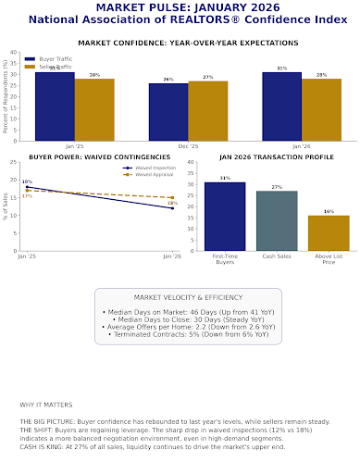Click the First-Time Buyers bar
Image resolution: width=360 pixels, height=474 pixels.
(x=225, y=216)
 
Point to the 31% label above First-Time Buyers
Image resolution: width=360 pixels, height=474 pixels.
(x=225, y=178)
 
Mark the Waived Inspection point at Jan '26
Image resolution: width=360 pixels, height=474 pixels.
(x=172, y=208)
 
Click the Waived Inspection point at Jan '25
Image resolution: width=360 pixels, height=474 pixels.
(x=27, y=187)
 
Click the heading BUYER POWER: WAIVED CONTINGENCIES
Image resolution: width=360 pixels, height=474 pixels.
(x=89, y=157)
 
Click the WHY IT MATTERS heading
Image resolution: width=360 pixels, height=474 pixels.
(x=44, y=405)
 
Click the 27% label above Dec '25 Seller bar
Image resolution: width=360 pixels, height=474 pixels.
(x=207, y=77)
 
